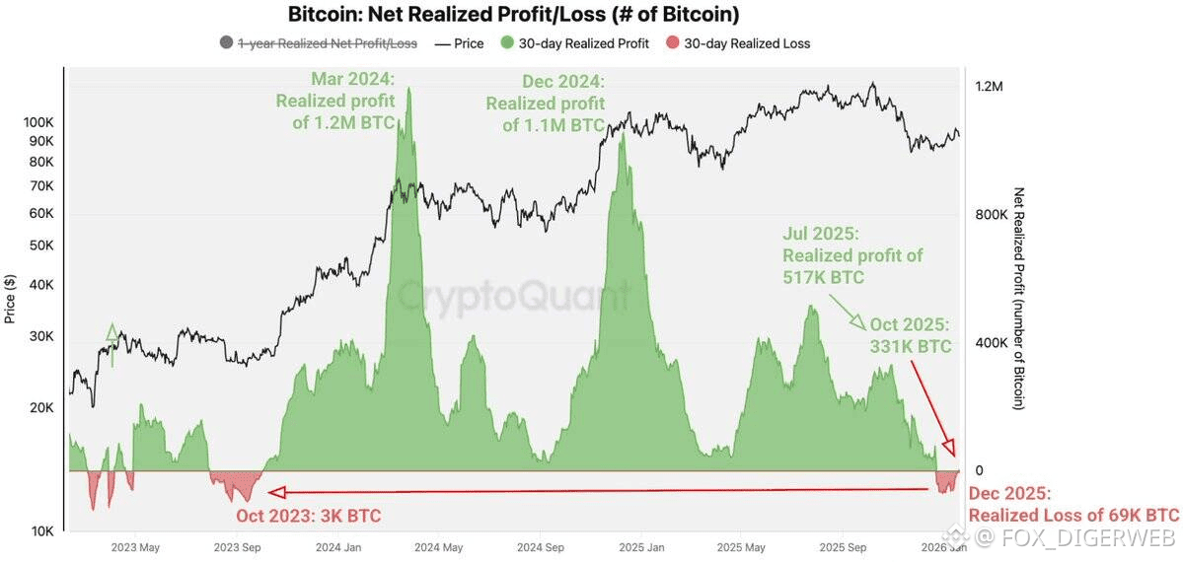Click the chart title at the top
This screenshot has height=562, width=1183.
513,15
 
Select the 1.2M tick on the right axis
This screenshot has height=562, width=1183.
989,87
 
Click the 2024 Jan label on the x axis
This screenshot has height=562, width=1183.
337,547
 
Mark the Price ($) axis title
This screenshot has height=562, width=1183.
10,298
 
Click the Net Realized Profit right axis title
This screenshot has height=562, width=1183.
1019,298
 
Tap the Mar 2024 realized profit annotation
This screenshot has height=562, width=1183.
335,100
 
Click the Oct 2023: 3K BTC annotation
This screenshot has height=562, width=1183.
308,515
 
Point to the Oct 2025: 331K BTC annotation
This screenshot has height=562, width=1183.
910,335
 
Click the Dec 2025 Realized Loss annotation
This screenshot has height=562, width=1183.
1073,505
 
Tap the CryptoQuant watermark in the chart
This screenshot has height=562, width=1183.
513,293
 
